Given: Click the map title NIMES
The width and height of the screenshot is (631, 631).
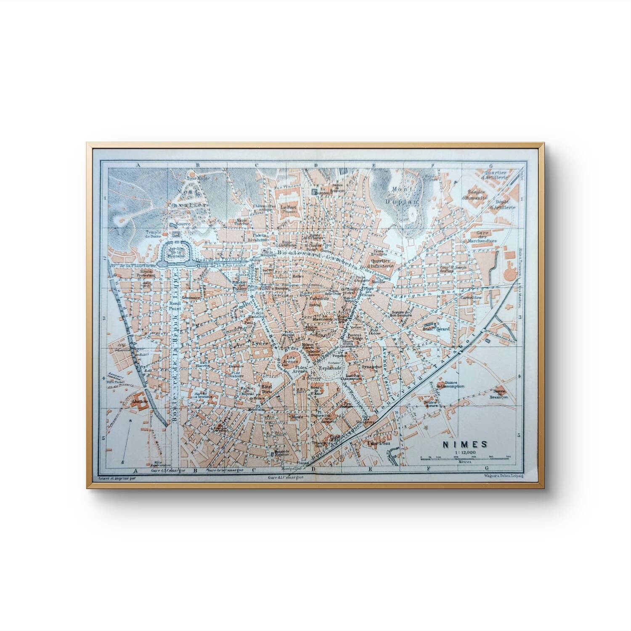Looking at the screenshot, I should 464,444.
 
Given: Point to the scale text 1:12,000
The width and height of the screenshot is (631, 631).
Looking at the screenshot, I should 464,452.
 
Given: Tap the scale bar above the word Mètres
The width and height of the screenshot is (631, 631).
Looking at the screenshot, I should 465,457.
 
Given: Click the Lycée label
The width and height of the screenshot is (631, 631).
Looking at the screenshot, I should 260,344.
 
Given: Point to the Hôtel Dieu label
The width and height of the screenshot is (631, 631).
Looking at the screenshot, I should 267,389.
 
